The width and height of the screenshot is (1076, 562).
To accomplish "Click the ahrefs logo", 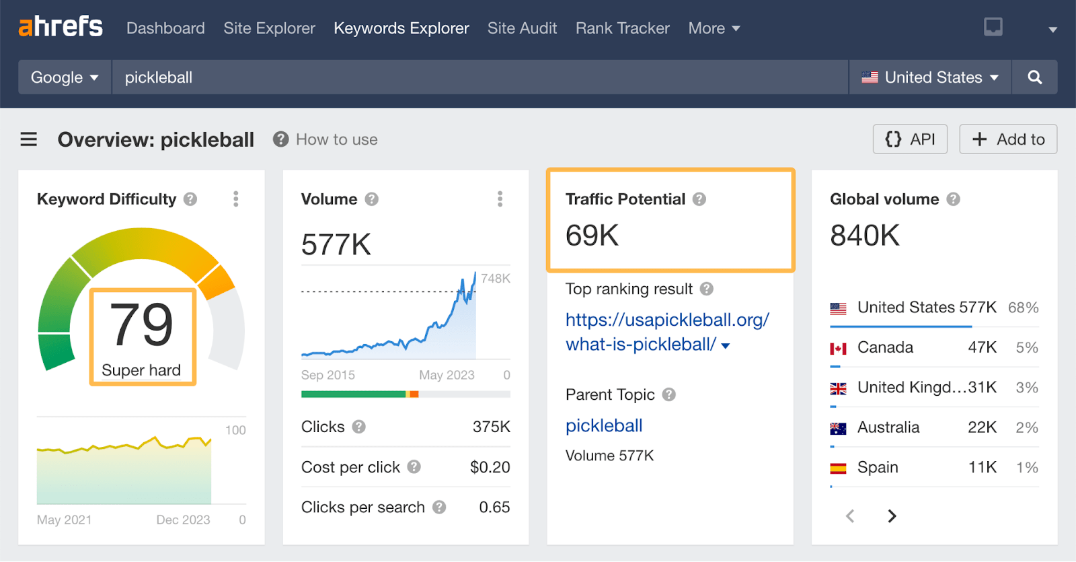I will pos(61,27).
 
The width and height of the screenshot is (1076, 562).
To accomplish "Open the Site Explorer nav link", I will pos(269,28).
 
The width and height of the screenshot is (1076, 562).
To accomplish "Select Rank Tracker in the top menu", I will pos(622,28).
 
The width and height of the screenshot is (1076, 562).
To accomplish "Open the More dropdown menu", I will pos(714,28).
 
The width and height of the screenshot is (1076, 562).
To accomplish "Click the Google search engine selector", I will pos(65,77).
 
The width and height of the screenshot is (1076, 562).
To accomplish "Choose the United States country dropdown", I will pos(930,77).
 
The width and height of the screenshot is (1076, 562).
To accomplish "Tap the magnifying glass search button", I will pos(1034,77).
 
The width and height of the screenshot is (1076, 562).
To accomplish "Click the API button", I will pos(910,139).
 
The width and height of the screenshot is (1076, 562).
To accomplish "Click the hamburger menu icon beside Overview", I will pos(29,139).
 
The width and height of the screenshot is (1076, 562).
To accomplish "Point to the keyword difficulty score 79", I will pos(142,324).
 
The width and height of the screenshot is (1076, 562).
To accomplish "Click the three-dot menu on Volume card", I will pos(500,199).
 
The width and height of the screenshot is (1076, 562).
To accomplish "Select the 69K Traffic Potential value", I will pos(592,236).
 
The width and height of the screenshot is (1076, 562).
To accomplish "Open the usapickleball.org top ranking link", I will pos(666,332).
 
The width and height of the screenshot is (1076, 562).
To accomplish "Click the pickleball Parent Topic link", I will pos(604,425).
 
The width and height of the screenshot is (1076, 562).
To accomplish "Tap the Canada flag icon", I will pos(838,348).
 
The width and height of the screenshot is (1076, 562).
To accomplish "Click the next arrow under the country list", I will pos(892,516).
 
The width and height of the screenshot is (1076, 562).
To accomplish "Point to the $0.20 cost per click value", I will pos(490,467).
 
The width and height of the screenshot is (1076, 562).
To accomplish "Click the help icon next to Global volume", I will pos(953,199).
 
